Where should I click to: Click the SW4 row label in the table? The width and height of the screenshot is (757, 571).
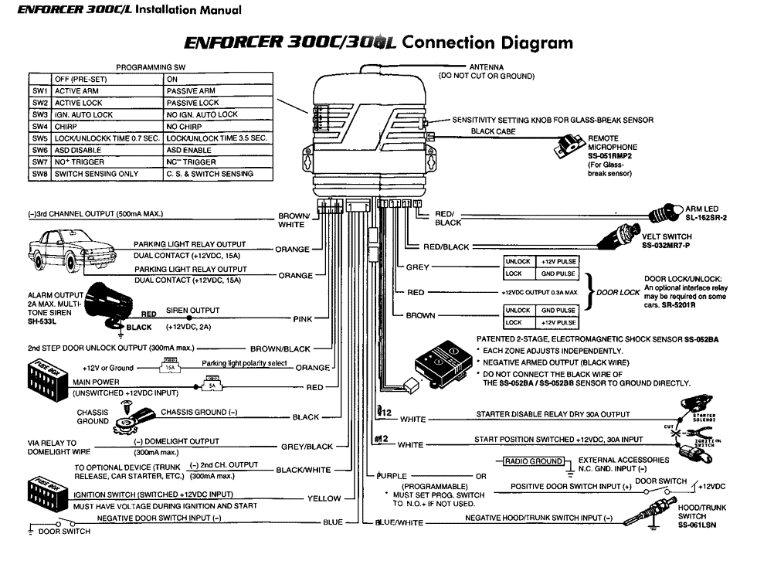tap(40, 126)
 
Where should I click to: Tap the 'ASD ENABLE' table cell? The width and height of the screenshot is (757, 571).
tap(190, 150)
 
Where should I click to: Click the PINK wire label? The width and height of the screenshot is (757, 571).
tap(302, 318)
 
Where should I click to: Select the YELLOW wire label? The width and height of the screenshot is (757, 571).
tap(324, 498)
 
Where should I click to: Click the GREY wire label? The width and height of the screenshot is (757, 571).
tap(417, 267)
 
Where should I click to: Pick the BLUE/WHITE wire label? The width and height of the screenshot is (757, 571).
tap(399, 522)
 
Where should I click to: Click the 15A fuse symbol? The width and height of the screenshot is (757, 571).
tap(171, 368)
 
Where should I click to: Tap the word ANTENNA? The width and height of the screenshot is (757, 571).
tap(487, 67)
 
